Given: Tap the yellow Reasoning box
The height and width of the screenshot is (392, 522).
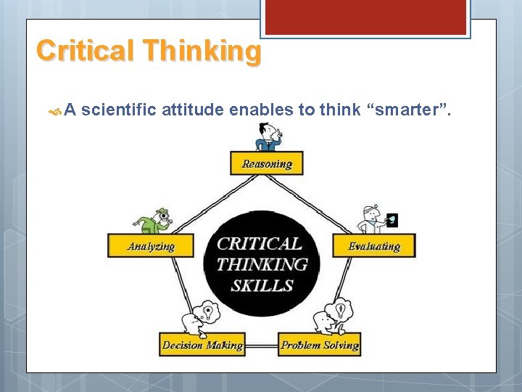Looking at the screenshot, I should (x=267, y=163).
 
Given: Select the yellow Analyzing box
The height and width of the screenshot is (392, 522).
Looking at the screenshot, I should (x=152, y=245).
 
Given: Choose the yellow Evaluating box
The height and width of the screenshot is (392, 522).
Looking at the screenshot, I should (x=373, y=245).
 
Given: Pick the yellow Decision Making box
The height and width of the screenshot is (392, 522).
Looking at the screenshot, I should (x=202, y=344).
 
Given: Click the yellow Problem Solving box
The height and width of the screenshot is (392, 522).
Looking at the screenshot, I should (x=320, y=344).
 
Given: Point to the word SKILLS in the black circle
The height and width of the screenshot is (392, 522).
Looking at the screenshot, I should (x=262, y=286).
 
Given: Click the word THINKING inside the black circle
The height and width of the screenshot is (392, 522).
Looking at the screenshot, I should (x=262, y=264).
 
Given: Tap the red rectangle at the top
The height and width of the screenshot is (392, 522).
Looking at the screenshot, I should (x=365, y=16).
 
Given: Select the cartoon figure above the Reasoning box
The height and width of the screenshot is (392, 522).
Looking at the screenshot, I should (x=268, y=137).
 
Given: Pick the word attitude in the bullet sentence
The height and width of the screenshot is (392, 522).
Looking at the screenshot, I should (x=192, y=110).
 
